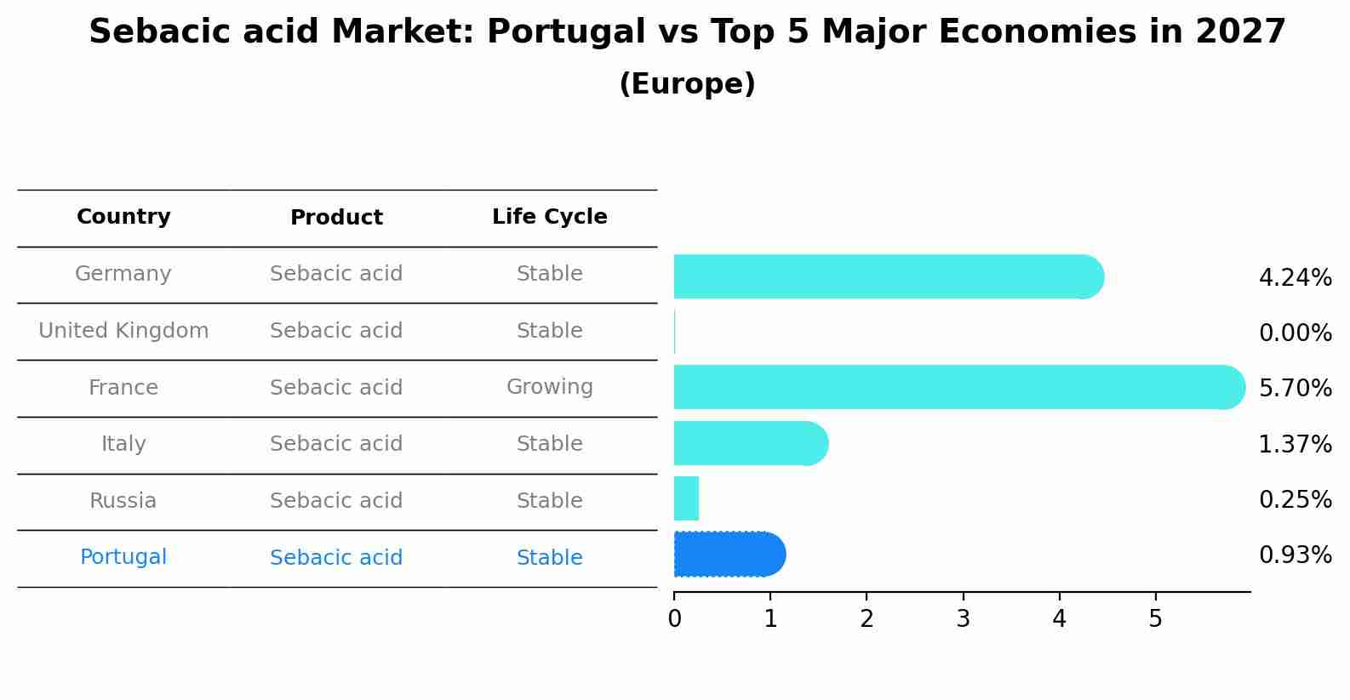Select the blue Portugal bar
(728, 555)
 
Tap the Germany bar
(885, 276)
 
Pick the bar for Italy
(749, 443)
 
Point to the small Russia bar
(686, 498)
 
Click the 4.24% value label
(1295, 278)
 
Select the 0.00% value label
(1295, 333)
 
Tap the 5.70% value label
(1295, 389)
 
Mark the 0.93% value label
(1295, 555)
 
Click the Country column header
(123, 217)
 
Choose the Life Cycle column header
(549, 217)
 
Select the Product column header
(336, 218)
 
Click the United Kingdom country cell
(123, 331)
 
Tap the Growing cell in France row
(549, 387)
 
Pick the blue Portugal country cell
(123, 557)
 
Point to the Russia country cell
(123, 501)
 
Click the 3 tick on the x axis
(963, 619)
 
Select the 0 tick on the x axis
(674, 619)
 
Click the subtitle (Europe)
(687, 84)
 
